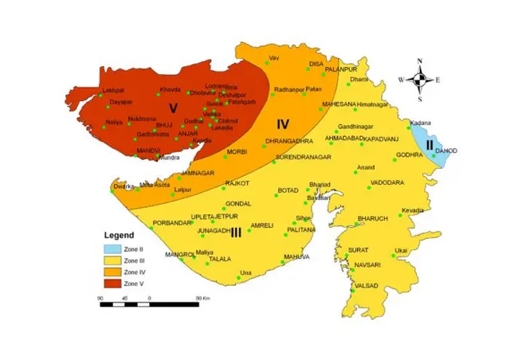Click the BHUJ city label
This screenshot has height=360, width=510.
(x=164, y=125)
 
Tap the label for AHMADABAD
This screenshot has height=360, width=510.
(x=345, y=138)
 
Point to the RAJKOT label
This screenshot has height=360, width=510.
(x=237, y=183)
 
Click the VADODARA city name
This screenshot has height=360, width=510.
(x=388, y=182)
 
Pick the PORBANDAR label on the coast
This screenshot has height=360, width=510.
(x=173, y=223)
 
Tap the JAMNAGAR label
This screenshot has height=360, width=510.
(x=198, y=172)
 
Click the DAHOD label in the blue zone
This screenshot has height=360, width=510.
(x=447, y=151)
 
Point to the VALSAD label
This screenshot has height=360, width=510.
(x=367, y=284)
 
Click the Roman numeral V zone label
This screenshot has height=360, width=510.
(x=172, y=108)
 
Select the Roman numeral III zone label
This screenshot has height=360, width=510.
(x=236, y=233)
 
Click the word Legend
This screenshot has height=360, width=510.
(x=119, y=236)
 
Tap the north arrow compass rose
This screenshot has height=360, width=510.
(x=424, y=80)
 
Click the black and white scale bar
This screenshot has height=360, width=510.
(x=149, y=303)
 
